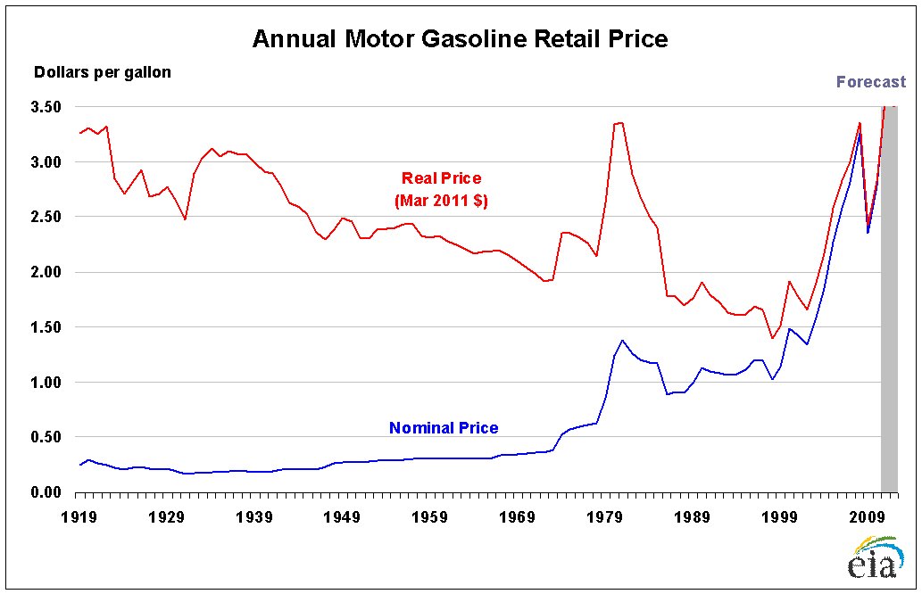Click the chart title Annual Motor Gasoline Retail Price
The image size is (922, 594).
point(460,39)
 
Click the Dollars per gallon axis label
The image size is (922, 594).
point(102,72)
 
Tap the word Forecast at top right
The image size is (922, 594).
point(870,82)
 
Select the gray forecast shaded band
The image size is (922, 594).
point(889,303)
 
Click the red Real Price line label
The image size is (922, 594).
point(441,178)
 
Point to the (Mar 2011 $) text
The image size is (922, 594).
point(441,202)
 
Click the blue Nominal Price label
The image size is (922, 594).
point(444,428)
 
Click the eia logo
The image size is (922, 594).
point(873,558)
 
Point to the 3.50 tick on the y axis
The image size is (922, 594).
point(46,107)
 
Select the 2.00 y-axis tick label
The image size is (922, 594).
point(46,272)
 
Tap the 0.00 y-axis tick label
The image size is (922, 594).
point(46,492)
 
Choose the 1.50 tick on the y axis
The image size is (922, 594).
point(46,327)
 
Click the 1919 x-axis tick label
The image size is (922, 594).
point(79,516)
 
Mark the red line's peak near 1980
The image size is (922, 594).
point(621,122)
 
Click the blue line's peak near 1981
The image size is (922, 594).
point(622,340)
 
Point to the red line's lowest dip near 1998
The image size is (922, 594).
point(771,338)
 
